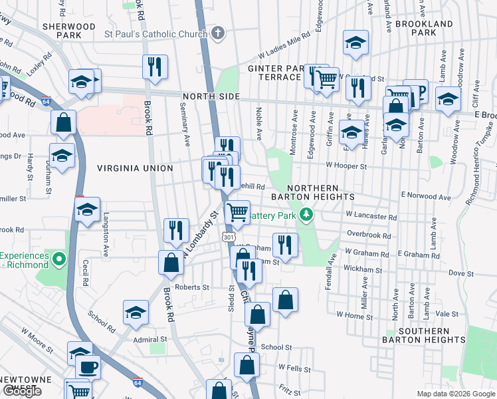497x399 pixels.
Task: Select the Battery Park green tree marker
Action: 306,215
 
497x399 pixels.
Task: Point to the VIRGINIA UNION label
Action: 135,168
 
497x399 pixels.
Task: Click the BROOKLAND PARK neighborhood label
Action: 424,27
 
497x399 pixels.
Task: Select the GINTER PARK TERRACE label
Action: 274,72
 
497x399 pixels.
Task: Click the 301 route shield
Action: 229,237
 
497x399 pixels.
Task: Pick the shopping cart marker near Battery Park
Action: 237,212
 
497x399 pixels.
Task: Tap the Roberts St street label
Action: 192,288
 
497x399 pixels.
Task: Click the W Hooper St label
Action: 346,166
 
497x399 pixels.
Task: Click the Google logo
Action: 23,392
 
